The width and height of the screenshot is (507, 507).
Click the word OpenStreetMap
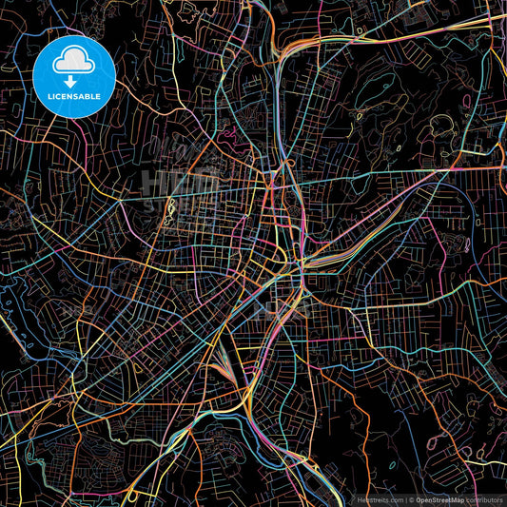(439, 498)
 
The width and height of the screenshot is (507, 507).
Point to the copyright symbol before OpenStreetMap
(411, 498)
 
